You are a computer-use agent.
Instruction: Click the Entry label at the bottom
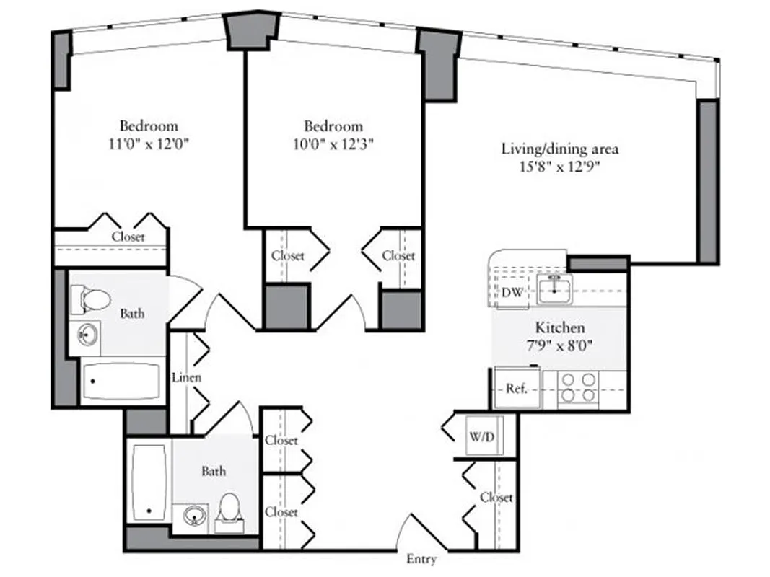pos(421,559)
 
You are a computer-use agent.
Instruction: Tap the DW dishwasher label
pos(512,293)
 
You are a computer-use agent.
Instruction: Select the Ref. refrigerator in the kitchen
pos(517,389)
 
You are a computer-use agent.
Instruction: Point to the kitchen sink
pos(554,288)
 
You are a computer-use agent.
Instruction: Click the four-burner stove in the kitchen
pos(579,387)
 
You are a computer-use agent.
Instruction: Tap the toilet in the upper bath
pos(90,297)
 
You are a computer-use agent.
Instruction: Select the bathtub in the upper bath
pos(121,381)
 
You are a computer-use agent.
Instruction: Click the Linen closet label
pos(186,377)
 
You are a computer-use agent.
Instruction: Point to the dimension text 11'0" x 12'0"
pos(149,143)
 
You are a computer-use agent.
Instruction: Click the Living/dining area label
pos(560,149)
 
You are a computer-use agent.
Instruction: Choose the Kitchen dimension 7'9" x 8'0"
pos(560,345)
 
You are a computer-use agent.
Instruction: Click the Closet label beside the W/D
pos(496,498)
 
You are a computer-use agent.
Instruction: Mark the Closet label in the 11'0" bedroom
pos(128,237)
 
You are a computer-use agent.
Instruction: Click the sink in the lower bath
pos(193,515)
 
